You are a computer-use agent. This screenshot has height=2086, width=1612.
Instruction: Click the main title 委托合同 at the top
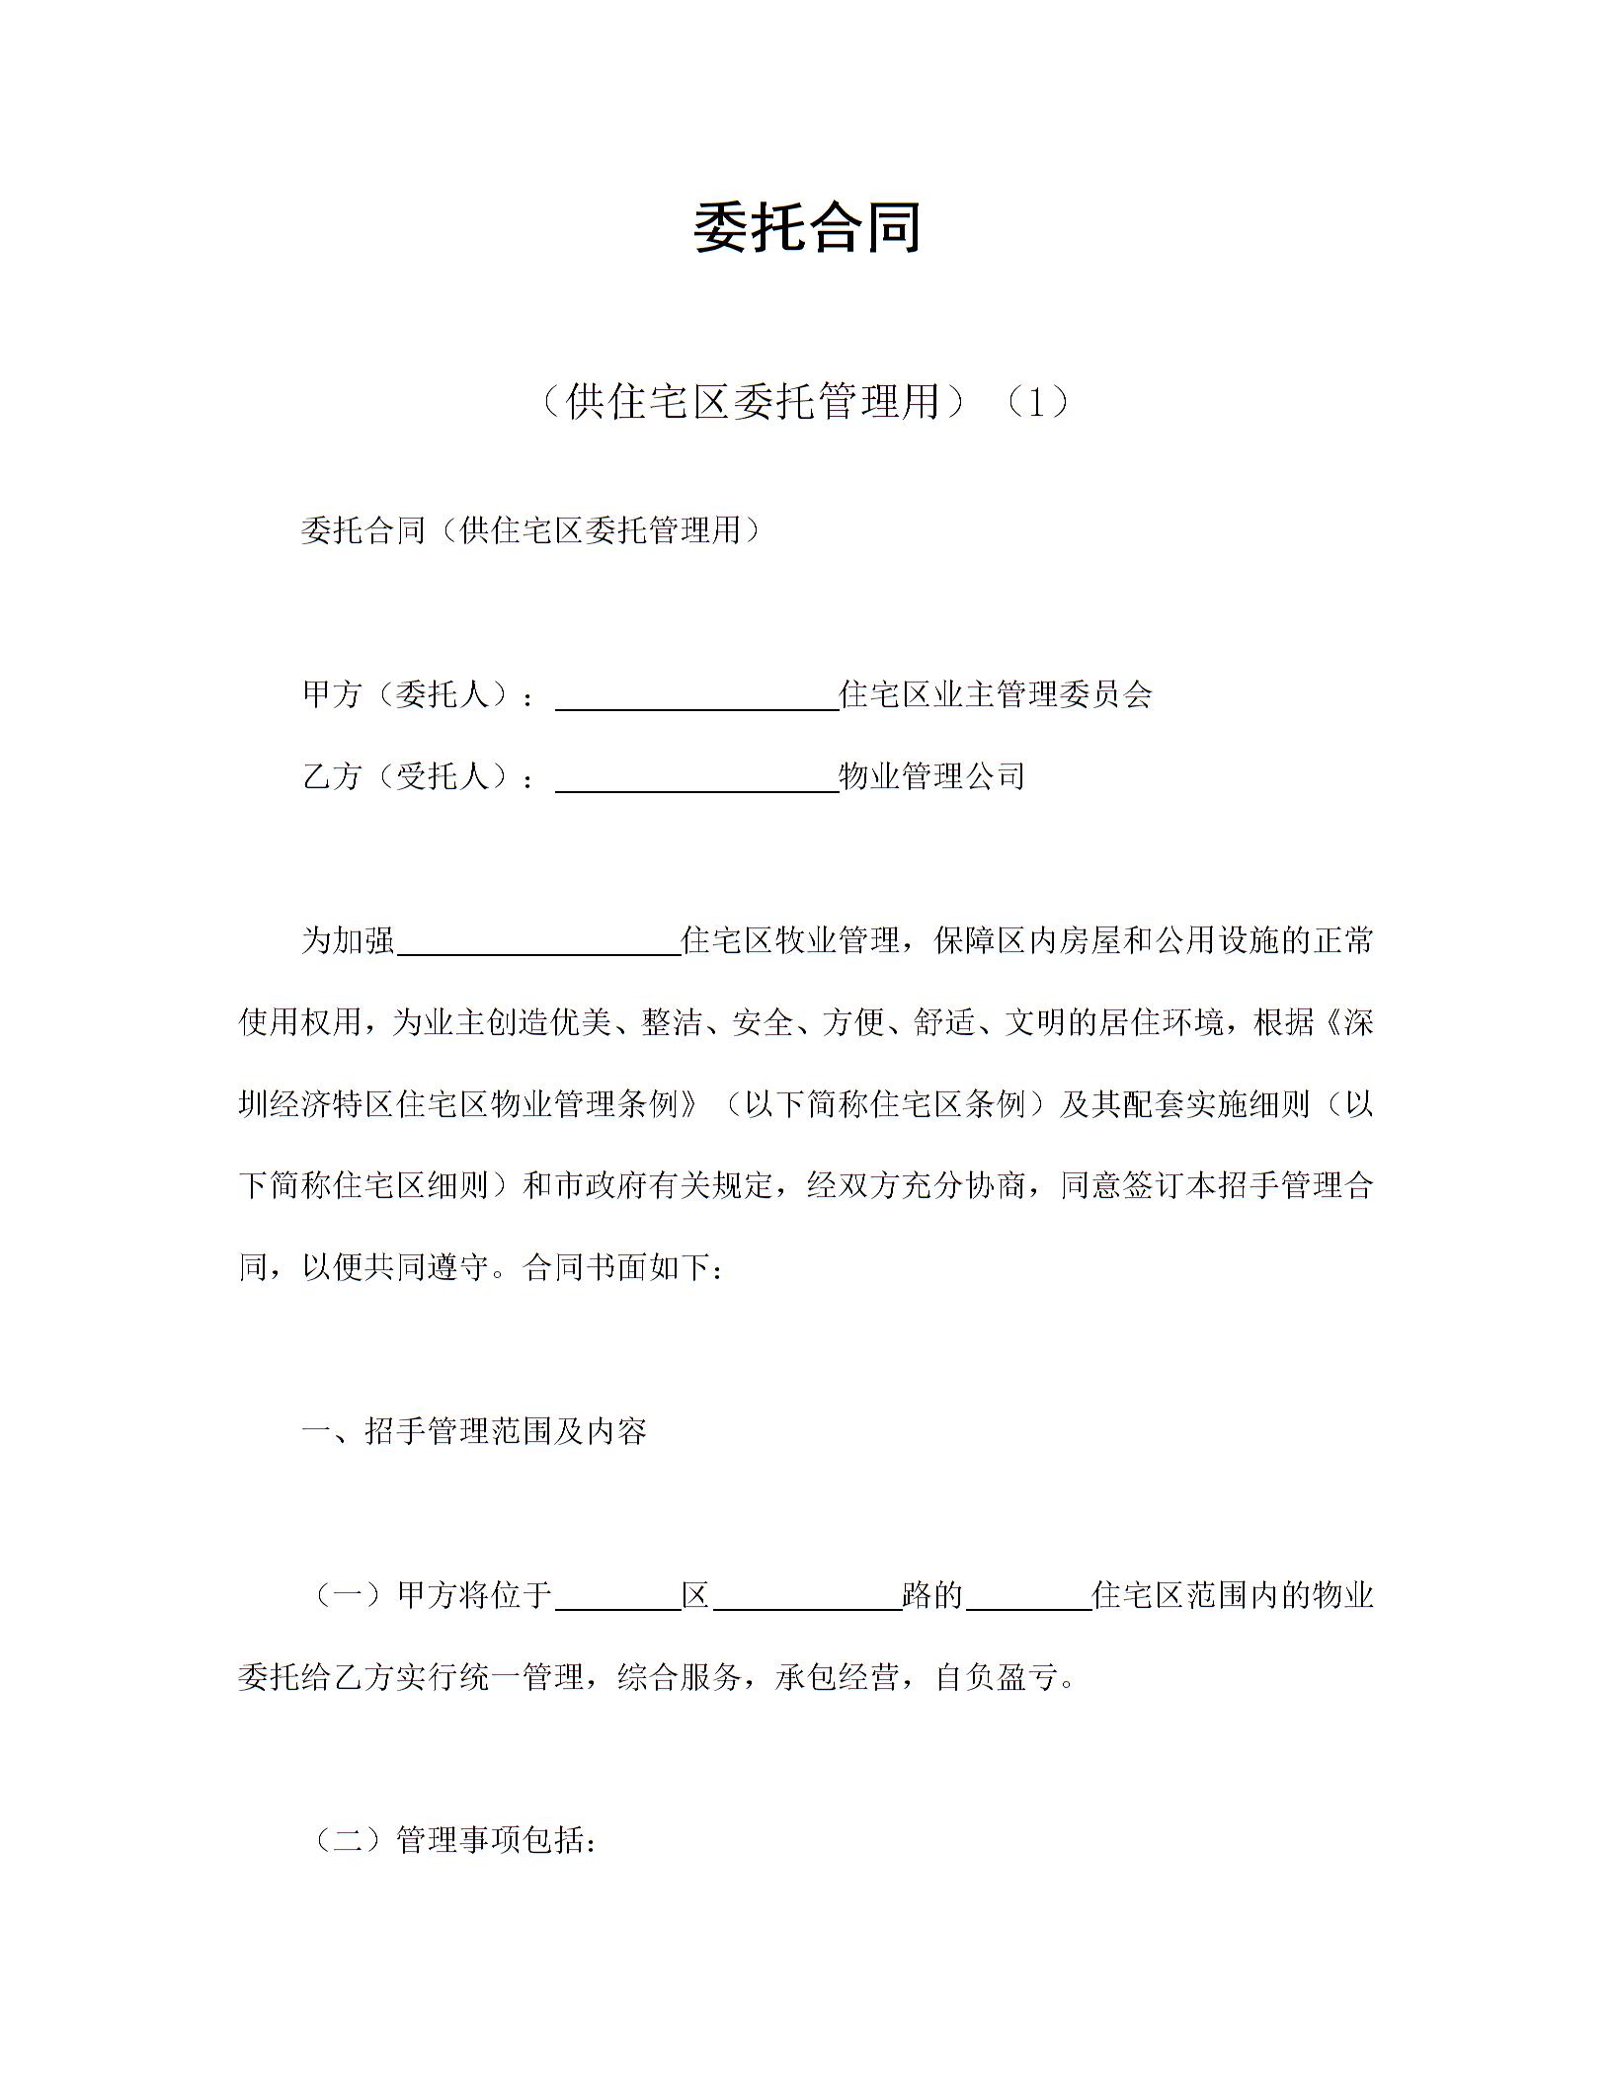click(806, 227)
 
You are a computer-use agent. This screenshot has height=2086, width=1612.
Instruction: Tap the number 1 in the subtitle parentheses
click(1035, 402)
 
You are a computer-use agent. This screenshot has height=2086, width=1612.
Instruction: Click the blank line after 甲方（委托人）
click(696, 698)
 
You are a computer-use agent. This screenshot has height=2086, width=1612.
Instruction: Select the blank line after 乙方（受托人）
click(696, 780)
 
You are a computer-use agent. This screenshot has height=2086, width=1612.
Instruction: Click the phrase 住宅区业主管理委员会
click(996, 694)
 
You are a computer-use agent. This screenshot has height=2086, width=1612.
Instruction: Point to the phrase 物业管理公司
click(931, 776)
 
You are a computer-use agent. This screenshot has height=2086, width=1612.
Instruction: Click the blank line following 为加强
click(538, 943)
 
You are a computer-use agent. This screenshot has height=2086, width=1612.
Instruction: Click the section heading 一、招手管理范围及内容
click(474, 1431)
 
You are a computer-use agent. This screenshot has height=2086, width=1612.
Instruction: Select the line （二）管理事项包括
click(455, 1840)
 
